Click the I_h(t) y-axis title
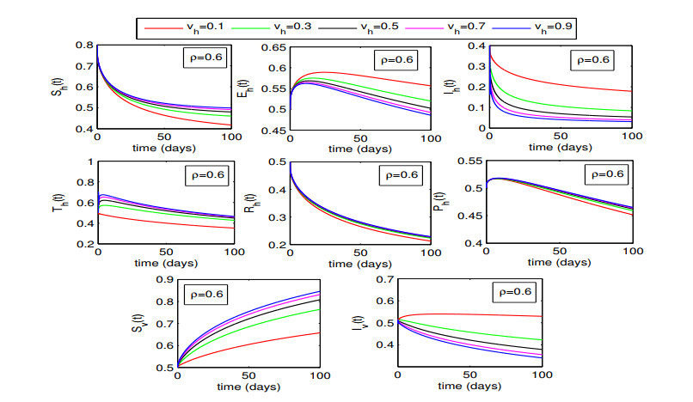[x=463, y=87]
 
